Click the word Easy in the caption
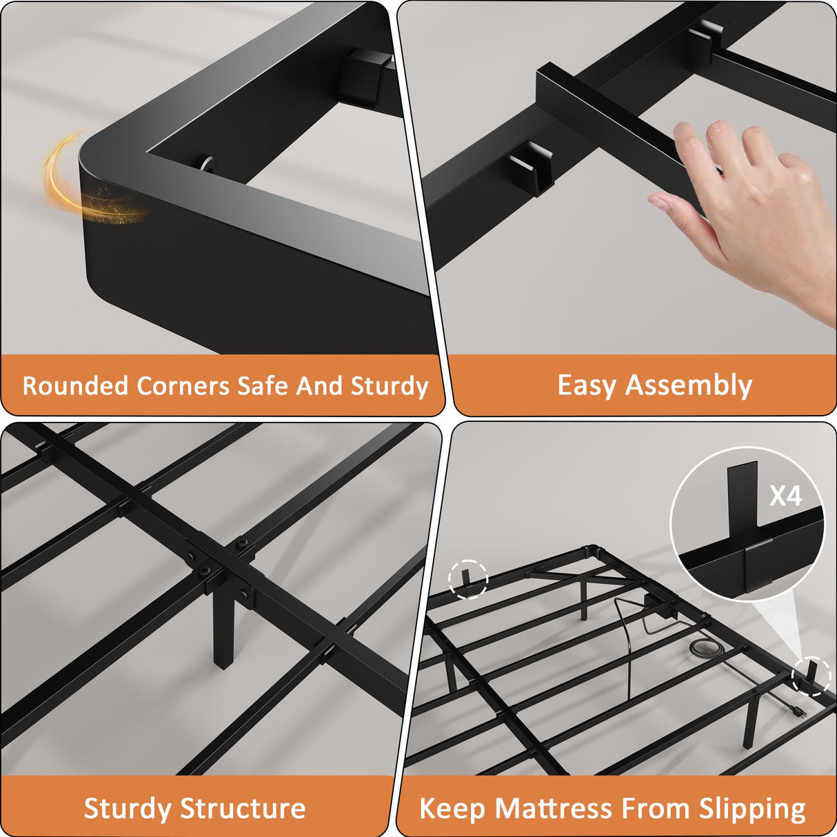[586, 385]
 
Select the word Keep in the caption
[452, 808]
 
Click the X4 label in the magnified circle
[785, 496]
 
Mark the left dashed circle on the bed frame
[468, 578]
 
